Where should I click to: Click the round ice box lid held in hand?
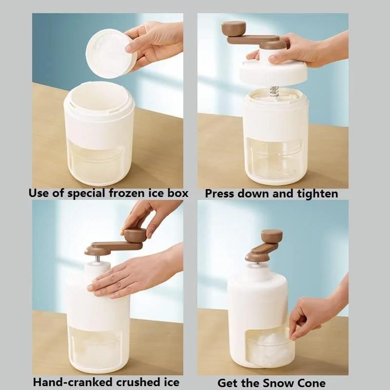[110, 53]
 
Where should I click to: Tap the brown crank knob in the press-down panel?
[234, 28]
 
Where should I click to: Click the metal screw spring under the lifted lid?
[274, 91]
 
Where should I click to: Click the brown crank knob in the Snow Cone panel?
[272, 236]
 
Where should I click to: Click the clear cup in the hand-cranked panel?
[97, 348]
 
